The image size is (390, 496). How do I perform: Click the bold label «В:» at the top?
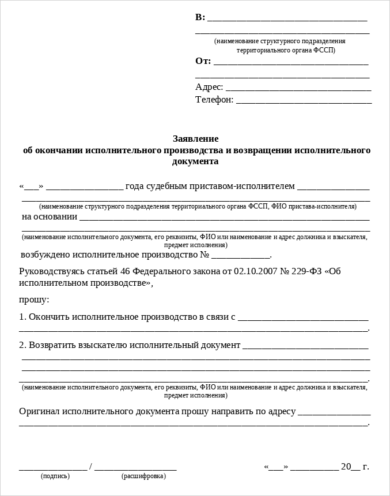200,17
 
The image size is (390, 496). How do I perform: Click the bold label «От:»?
203,61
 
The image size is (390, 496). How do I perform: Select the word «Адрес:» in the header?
209,87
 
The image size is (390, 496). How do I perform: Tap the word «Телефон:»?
214,100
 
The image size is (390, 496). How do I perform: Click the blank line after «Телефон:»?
304,100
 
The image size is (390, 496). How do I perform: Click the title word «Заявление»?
196,139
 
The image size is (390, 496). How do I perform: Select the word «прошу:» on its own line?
34,300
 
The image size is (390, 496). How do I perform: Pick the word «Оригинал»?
40,412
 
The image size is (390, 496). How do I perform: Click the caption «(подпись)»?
55,476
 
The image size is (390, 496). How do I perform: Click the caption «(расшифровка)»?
143,476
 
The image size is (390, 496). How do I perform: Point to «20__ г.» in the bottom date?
355,467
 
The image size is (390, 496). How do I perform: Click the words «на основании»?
50,217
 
